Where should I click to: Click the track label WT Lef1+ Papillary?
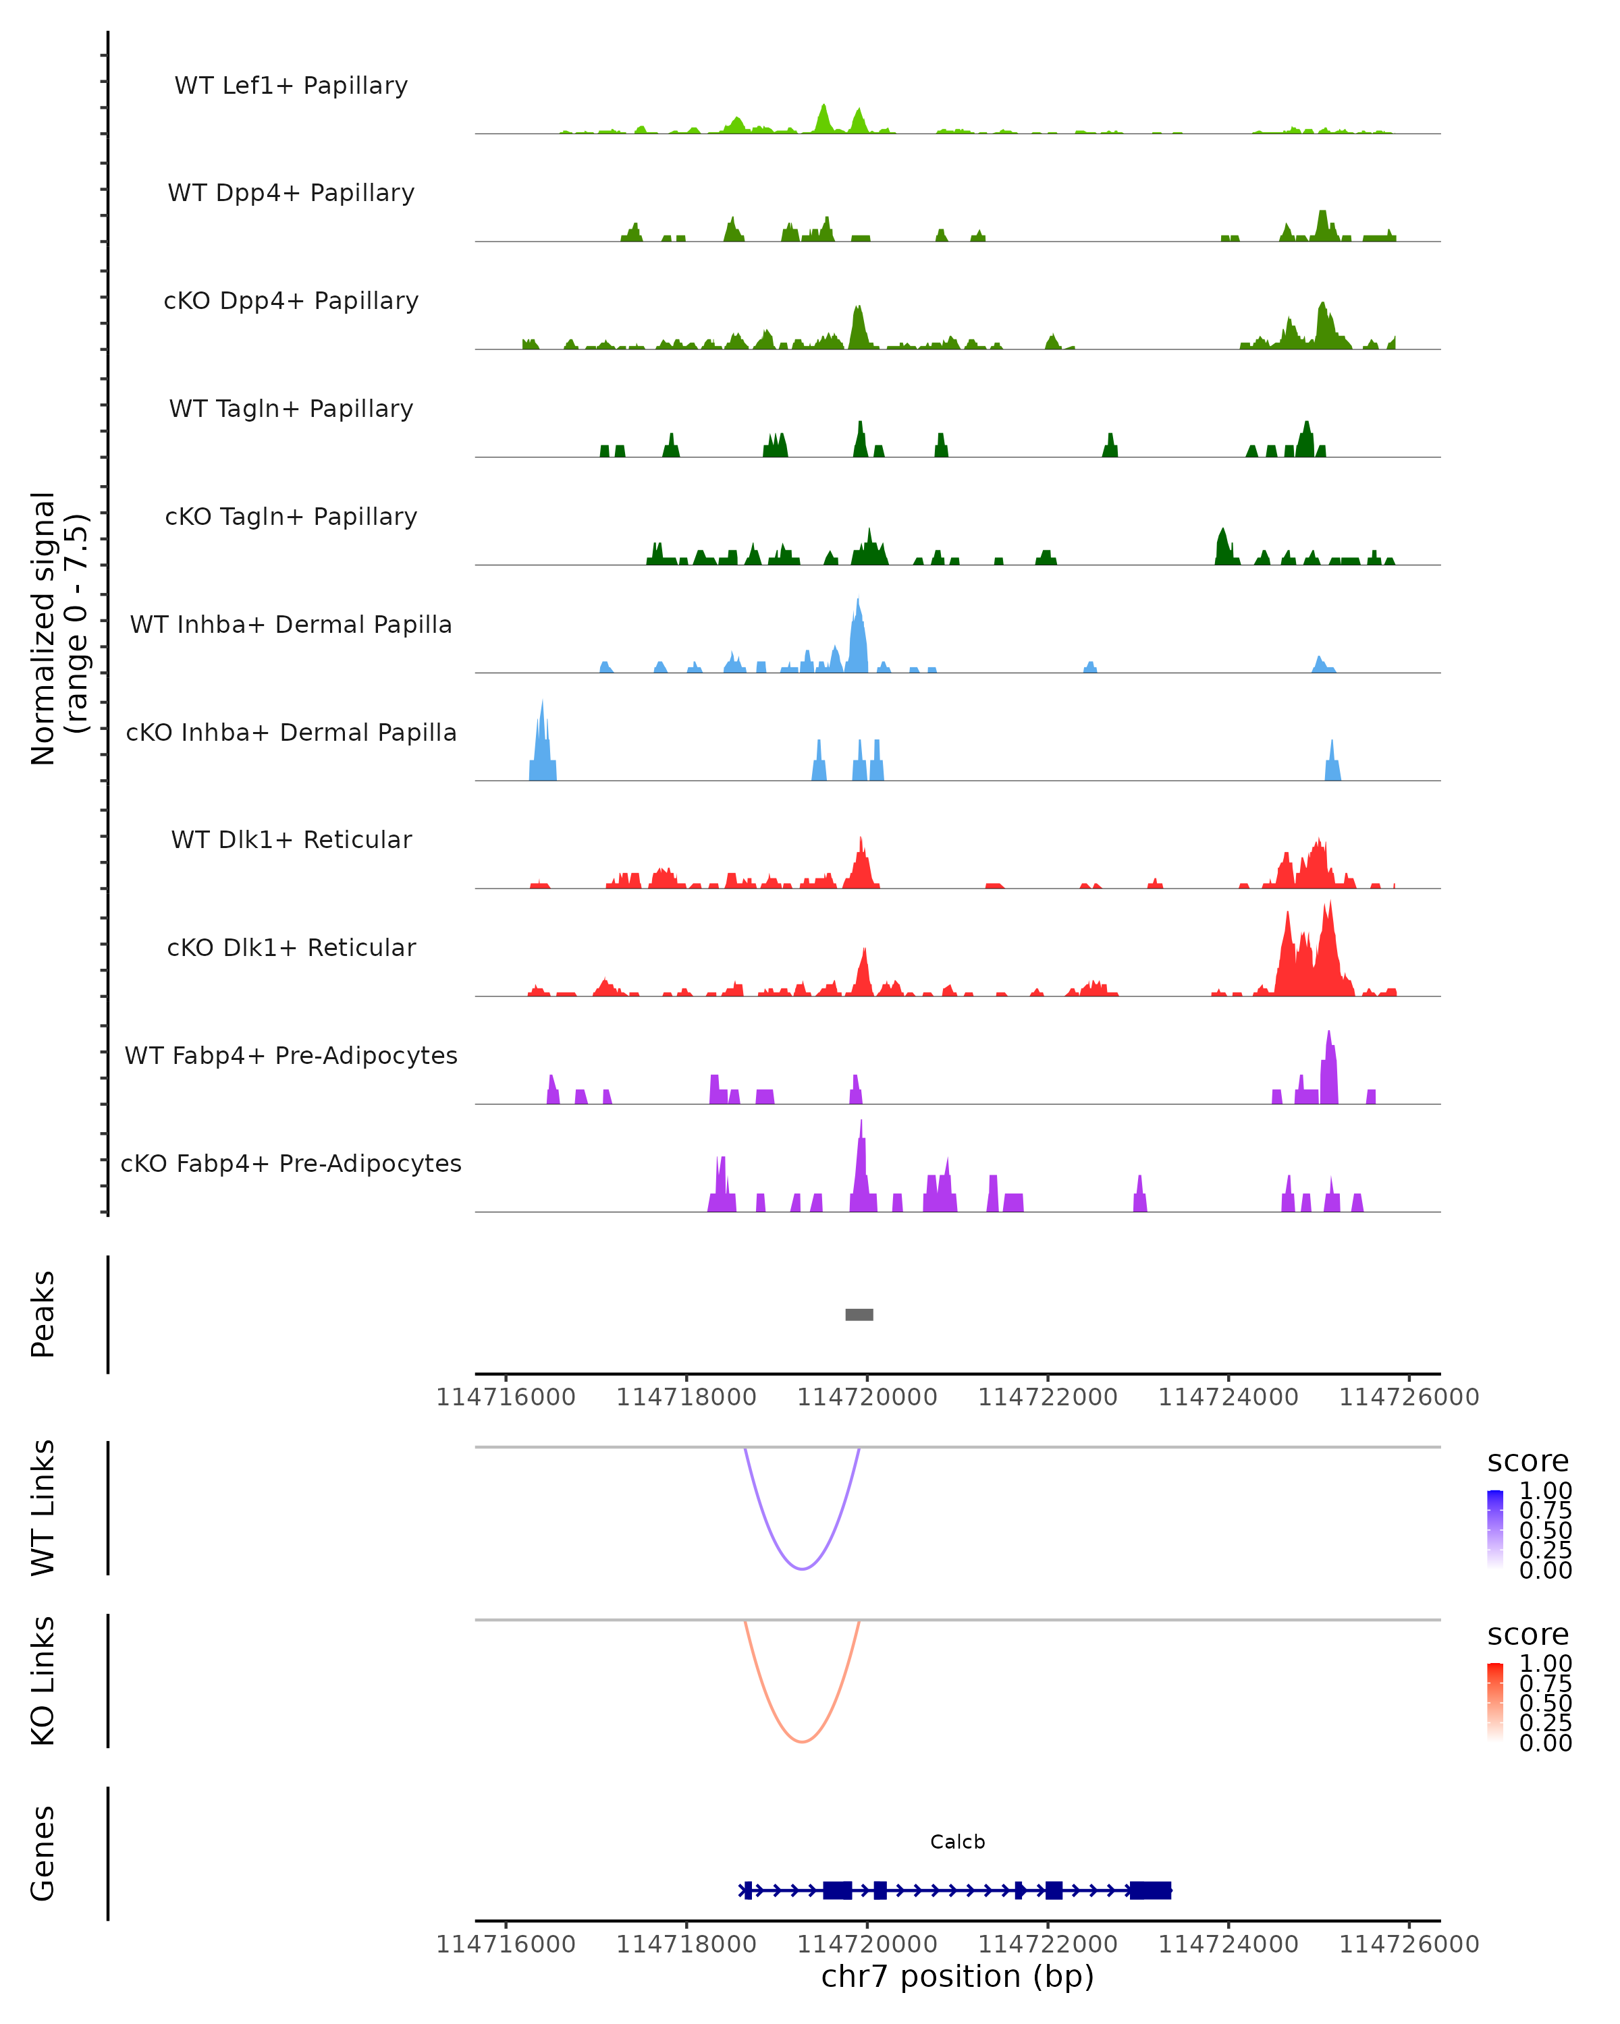click(291, 86)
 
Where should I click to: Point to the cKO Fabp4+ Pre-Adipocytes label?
click(291, 1163)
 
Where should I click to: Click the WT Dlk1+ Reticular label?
click(291, 839)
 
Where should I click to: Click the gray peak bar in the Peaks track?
click(859, 1314)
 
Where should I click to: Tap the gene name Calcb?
click(957, 1841)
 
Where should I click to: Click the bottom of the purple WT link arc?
click(801, 1568)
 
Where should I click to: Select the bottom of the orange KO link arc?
click(801, 1741)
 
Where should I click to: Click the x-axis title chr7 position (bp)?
click(957, 1976)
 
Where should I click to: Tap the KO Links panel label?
click(43, 1681)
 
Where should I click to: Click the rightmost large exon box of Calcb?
click(1150, 1890)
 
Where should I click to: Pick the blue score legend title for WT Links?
click(1527, 1462)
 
